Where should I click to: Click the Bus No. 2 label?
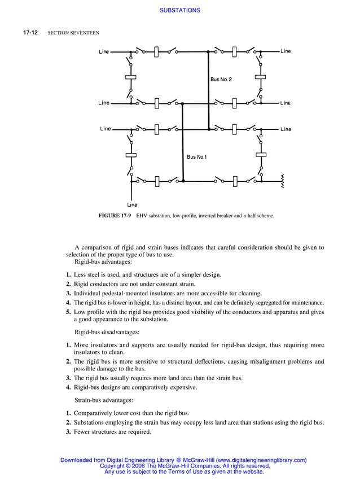[221, 80]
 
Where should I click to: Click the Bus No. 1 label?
[197, 156]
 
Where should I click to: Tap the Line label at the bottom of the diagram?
[132, 204]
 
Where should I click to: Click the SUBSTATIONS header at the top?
[180, 10]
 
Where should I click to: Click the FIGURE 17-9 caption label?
[115, 216]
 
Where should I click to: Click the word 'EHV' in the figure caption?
[142, 216]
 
